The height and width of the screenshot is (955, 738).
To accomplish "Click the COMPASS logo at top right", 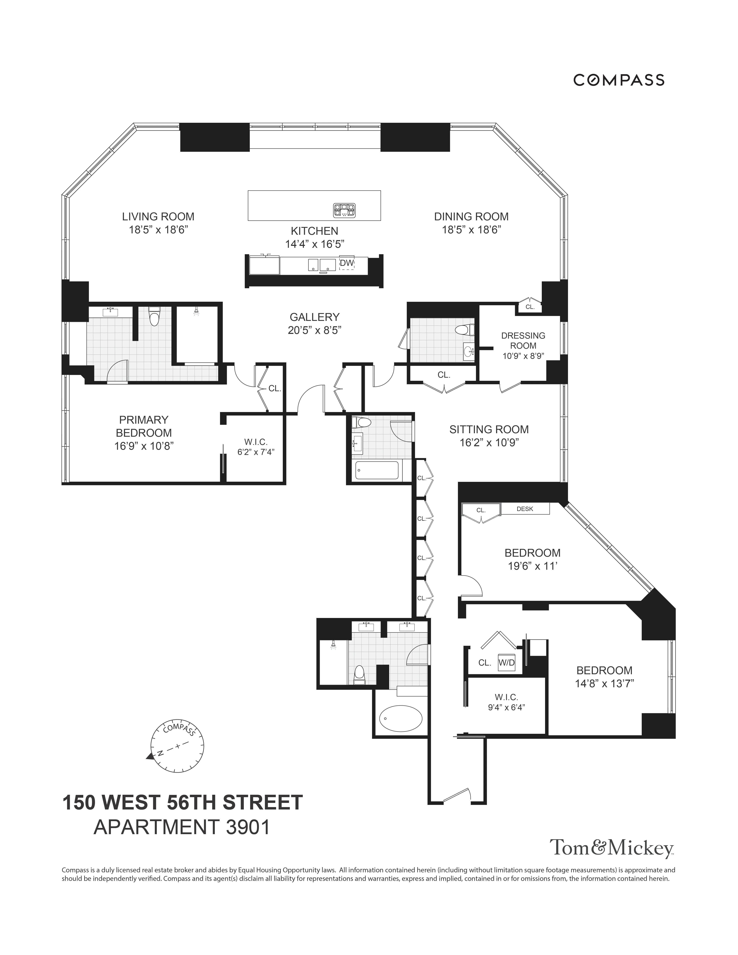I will click(619, 80).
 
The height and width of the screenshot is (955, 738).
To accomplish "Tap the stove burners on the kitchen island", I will click(344, 210).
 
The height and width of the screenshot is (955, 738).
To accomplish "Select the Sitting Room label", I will click(489, 429).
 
